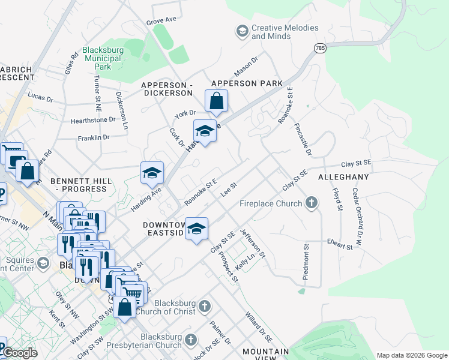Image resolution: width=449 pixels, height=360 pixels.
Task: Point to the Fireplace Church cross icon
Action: point(311,203)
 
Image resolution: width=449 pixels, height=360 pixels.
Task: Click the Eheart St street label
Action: point(340,244)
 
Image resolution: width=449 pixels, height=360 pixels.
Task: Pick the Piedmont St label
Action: point(306,262)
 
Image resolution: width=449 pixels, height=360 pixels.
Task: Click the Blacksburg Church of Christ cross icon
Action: point(205,307)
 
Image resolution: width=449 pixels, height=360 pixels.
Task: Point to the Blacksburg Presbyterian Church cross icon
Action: point(191,340)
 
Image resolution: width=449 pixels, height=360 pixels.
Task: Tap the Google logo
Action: point(19,353)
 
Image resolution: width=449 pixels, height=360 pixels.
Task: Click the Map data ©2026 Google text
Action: point(411,355)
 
